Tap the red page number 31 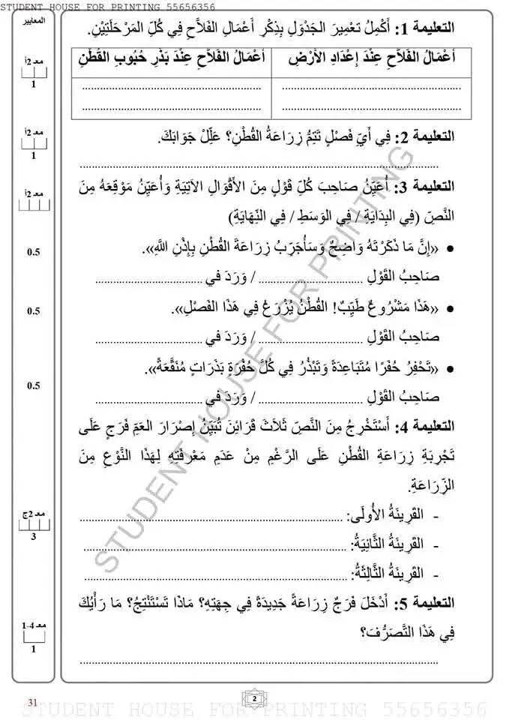pos(32,701)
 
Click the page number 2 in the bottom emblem pos(254,699)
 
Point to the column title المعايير pos(33,19)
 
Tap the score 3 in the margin pos(33,537)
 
